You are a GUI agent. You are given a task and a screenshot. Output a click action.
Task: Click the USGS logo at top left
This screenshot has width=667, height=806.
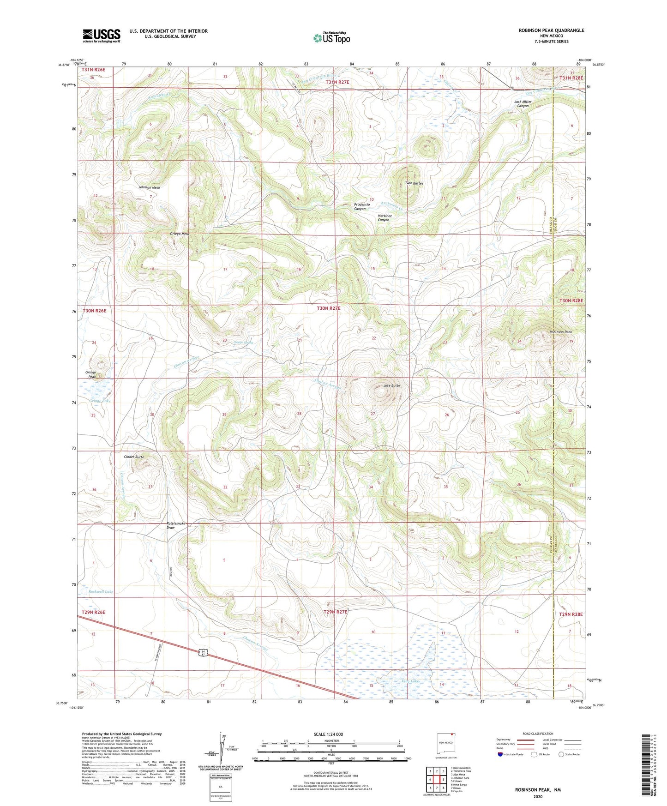pos(102,35)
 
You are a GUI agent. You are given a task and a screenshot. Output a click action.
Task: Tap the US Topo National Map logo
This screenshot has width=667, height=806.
pos(331,38)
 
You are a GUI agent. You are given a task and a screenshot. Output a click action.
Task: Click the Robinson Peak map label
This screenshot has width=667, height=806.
pos(560,332)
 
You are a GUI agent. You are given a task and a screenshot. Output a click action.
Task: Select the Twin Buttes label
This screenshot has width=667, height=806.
pos(414,183)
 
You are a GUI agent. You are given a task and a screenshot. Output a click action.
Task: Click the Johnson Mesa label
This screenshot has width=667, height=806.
pos(149,187)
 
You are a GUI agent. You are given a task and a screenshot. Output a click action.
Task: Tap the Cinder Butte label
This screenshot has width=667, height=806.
pos(134,457)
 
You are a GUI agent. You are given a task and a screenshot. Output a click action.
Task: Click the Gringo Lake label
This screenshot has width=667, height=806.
pos(100,401)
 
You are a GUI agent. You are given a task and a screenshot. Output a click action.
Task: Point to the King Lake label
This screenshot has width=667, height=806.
pos(410,681)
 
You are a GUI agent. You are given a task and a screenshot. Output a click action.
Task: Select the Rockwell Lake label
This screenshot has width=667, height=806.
pos(101,591)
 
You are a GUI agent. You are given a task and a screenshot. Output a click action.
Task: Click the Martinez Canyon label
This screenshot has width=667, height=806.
pos(384,217)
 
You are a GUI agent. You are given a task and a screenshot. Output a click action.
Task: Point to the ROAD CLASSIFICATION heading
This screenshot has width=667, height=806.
pos(538,734)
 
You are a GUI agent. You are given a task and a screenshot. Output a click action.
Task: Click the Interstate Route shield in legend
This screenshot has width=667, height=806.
pos(500,754)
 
